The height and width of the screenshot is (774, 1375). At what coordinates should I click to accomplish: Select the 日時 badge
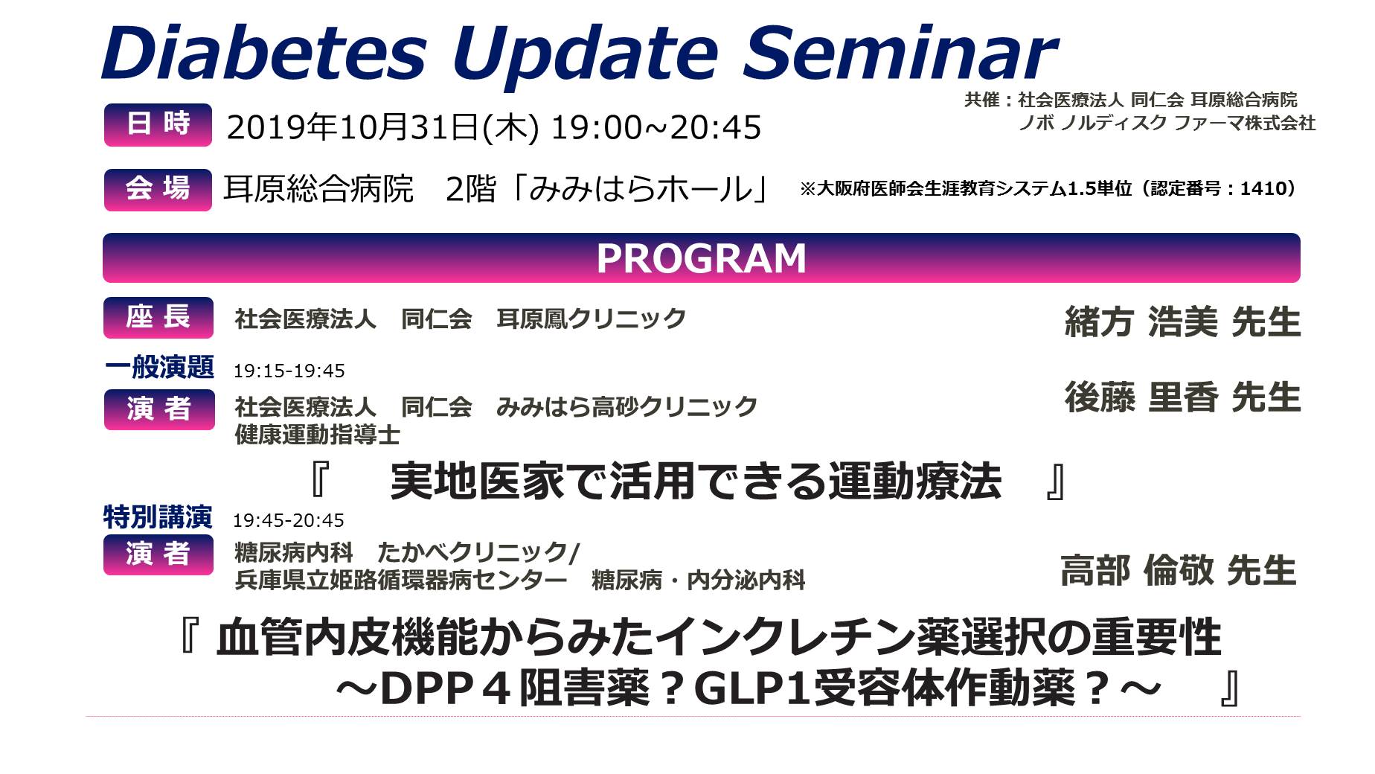[158, 124]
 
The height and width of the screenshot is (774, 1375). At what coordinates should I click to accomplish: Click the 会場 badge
[158, 189]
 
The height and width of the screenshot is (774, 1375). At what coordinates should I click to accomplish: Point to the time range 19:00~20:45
[656, 127]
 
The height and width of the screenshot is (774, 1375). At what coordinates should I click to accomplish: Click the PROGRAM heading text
[701, 258]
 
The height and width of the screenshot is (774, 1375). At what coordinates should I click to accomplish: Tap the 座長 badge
[158, 318]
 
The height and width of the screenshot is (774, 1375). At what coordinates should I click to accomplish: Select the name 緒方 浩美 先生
[1183, 322]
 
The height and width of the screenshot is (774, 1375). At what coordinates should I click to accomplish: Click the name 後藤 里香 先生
[1183, 397]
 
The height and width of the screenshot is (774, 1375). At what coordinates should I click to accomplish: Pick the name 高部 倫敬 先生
[1179, 571]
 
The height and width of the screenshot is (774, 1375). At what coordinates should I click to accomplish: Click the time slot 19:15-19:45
[289, 371]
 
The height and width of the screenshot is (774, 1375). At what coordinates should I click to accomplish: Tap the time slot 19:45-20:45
[289, 520]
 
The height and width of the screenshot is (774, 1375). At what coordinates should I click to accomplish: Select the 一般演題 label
[159, 367]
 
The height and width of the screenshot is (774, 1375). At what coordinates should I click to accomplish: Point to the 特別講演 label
[158, 516]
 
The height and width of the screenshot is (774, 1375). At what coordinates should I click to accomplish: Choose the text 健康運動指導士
[318, 435]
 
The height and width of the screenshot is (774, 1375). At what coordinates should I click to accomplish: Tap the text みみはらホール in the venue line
[641, 189]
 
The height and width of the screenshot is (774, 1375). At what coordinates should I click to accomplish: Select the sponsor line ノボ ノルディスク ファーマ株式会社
[1167, 123]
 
